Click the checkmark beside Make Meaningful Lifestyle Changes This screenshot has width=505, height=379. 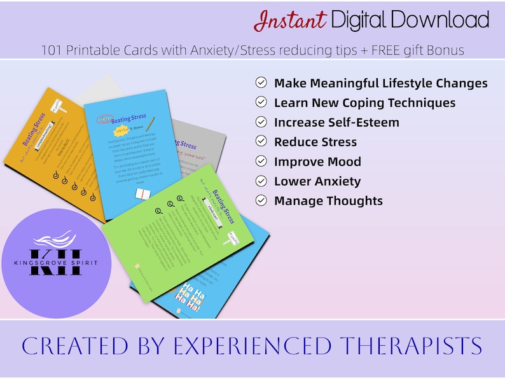click(261, 83)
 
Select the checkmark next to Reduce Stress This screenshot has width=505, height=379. click(261, 141)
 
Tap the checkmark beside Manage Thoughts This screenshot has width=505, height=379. click(261, 200)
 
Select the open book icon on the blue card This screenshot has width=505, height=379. click(143, 195)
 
